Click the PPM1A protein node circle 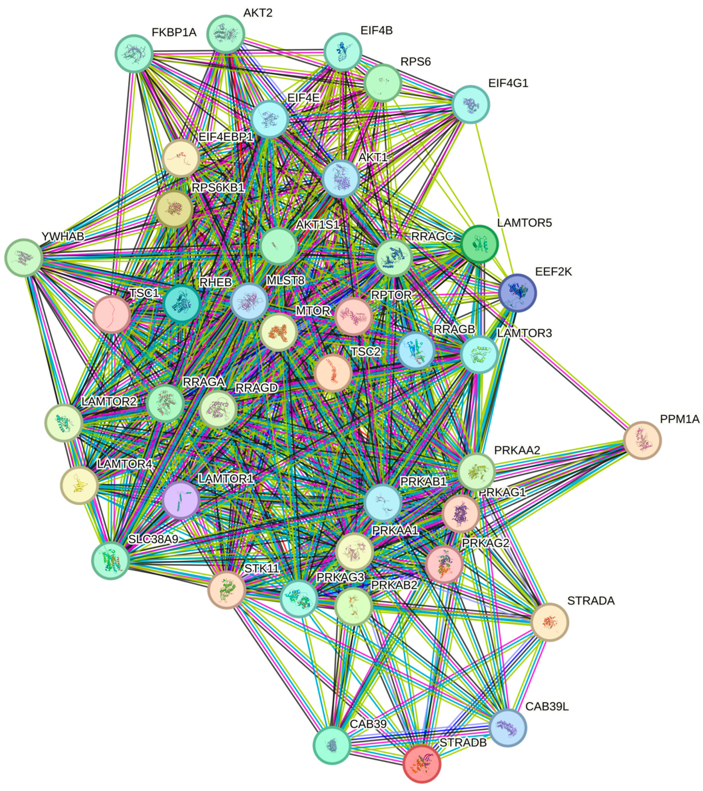click(x=642, y=440)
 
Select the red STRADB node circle click(x=421, y=764)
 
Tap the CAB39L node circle click(x=508, y=728)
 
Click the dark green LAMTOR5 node click(x=479, y=244)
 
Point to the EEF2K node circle click(x=517, y=293)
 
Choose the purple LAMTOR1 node click(x=181, y=500)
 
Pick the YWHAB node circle click(x=24, y=258)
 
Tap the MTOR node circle click(x=279, y=332)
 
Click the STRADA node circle click(x=549, y=622)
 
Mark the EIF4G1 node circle click(x=471, y=104)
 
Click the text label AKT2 click(x=258, y=13)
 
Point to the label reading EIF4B click(x=376, y=31)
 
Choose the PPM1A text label click(x=679, y=419)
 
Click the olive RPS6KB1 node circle click(x=174, y=209)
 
